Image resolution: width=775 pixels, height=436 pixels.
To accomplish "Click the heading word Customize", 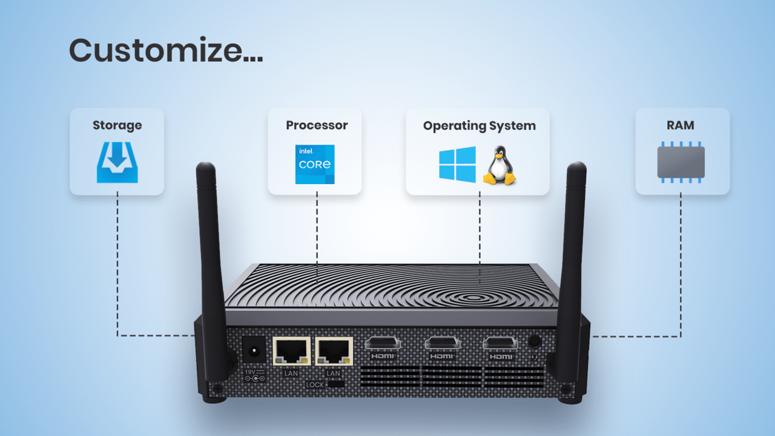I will coord(165,50).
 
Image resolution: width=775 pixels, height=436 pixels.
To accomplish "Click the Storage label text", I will coord(117,125).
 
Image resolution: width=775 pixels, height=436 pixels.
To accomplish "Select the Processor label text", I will coord(317,125).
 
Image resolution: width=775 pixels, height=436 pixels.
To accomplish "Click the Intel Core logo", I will coord(314,164).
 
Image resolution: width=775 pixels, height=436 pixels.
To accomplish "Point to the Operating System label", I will coord(479,126).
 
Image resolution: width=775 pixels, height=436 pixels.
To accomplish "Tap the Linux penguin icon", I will coord(499,165).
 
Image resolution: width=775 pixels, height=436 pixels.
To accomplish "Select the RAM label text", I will coord(681,125).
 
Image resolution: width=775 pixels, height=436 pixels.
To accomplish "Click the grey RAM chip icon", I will coord(681,162).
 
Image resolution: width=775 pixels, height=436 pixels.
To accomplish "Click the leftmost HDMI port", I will coord(383,344).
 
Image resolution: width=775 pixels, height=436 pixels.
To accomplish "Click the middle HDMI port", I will coord(441,344).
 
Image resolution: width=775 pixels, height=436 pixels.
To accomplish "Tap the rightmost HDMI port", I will coord(500,344).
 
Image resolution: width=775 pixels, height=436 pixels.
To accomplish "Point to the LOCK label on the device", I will coord(315,385).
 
